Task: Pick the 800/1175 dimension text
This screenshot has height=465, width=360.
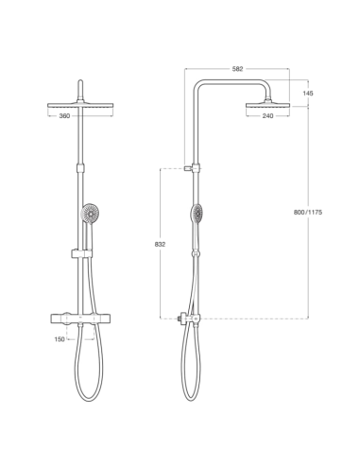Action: point(309,213)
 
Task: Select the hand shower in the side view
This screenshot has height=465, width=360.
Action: point(197,215)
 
